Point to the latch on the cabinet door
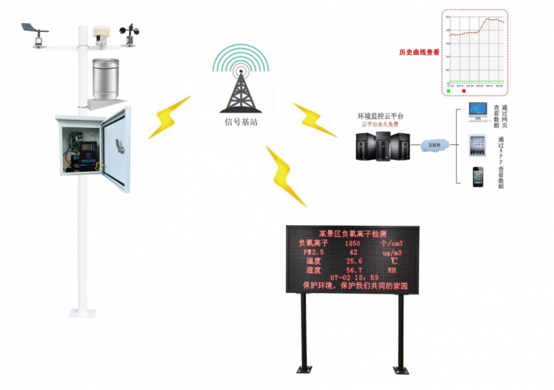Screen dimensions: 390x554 118,147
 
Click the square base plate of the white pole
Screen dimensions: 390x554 82,312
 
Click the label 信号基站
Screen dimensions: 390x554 241,122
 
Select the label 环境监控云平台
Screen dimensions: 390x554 380,116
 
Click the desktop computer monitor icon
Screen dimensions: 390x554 478,111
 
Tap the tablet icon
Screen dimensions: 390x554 478,144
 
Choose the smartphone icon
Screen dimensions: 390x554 478,176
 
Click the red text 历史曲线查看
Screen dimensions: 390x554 419,52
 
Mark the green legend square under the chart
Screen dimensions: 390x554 449,90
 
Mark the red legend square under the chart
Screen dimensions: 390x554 463,90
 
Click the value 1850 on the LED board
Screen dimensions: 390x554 352,244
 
